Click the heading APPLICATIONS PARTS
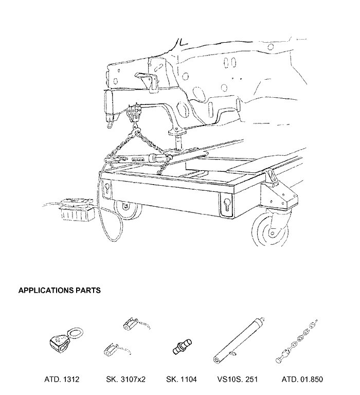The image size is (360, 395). pos(60,290)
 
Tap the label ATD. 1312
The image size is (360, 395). pos(62,379)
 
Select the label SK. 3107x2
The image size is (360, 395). pos(125,379)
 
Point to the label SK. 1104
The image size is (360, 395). pos(182,379)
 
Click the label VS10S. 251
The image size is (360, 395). pos(238,379)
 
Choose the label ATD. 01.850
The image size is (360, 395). pos(302,379)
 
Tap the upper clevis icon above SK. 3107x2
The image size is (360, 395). pos(136,324)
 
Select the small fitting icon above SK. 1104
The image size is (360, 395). pos(183,347)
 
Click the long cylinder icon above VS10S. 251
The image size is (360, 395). pos(238,340)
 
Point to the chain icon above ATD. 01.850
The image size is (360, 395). pos(296,342)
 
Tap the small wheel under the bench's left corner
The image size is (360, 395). pos(127,210)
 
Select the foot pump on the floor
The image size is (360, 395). pos(76,209)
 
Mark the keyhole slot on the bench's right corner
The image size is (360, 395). pos(226,204)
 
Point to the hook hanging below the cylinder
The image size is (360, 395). pos(110,123)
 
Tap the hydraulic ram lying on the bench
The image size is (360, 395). pos(141,159)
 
